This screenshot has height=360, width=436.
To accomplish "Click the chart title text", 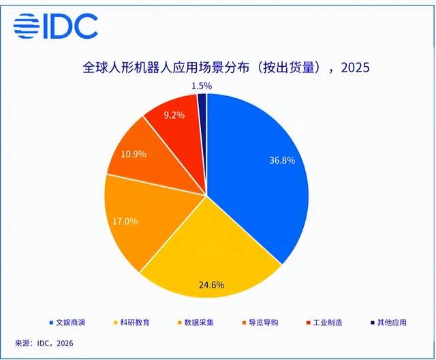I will coord(224,68).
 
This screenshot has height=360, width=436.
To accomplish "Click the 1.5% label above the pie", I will coord(202,86).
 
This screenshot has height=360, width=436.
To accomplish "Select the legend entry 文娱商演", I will coord(74,322).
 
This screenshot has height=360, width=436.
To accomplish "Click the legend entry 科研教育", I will coord(140,322).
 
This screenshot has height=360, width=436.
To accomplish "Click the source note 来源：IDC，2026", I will coord(47,343).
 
